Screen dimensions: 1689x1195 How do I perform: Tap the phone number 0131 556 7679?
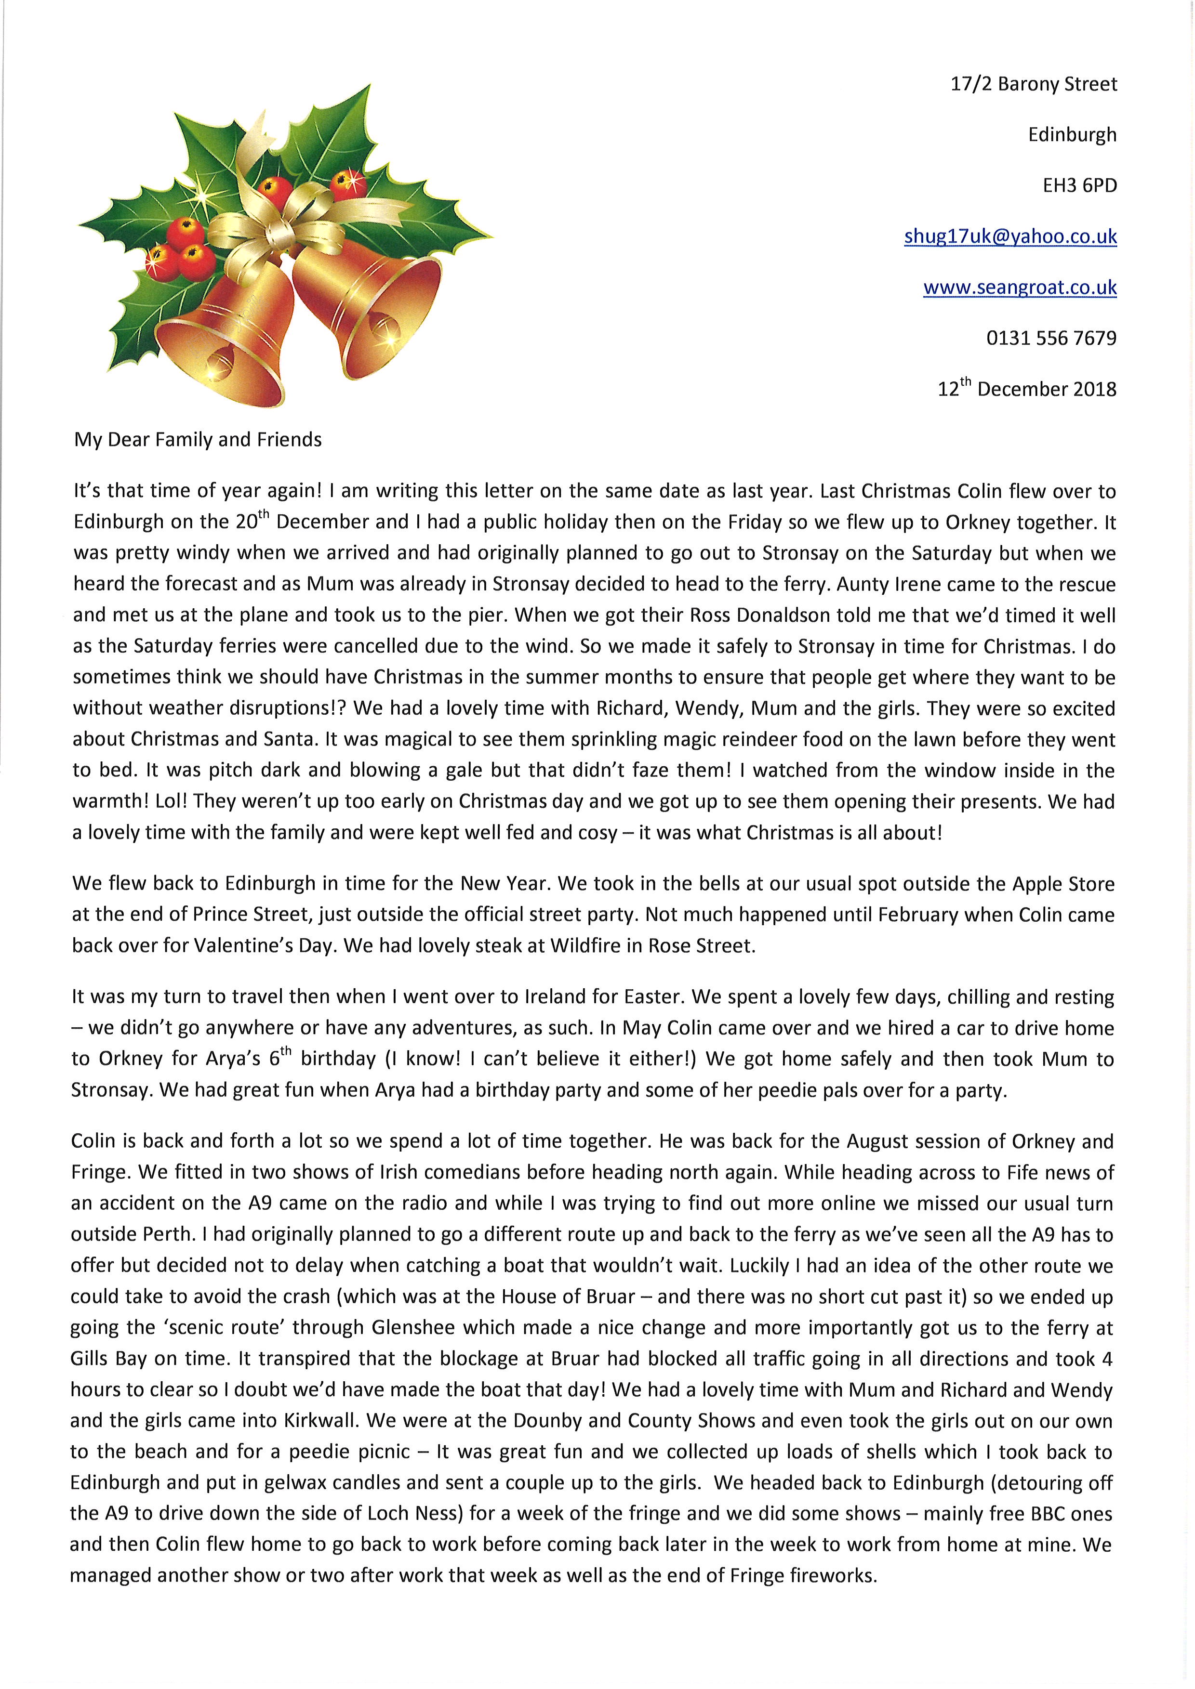coord(1051,339)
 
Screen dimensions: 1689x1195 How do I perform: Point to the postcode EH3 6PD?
coord(1079,186)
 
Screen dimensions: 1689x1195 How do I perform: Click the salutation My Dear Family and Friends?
coord(198,440)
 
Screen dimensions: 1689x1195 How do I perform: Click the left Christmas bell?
coord(221,339)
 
